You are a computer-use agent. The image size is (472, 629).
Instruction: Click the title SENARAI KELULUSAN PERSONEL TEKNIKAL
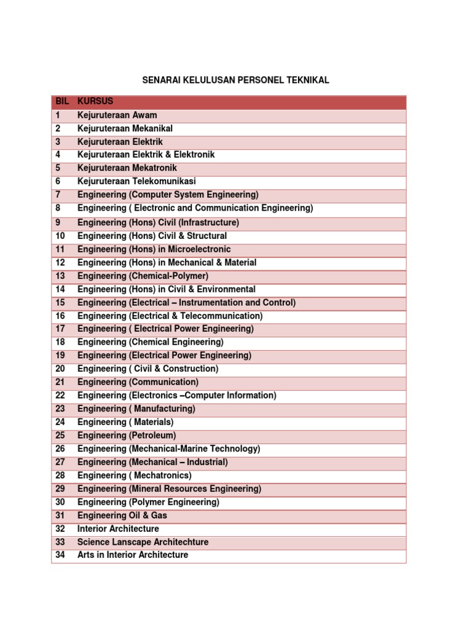pos(236,80)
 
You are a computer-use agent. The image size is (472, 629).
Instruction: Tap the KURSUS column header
pos(95,101)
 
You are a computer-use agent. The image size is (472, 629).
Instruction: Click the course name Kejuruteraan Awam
pos(117,115)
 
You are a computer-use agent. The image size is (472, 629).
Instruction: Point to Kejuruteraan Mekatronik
pos(127,168)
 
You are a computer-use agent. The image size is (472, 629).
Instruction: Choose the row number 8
pos(58,208)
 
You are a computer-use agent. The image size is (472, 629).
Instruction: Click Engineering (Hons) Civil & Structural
pos(152,236)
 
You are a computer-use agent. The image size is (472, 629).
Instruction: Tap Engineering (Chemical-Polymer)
pos(143,276)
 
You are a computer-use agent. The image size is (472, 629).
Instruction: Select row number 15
pos(60,303)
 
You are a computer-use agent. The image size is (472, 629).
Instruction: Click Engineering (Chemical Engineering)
pos(151,342)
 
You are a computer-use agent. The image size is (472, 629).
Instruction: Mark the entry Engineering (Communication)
pos(138,382)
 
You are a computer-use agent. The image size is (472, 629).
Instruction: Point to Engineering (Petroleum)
pos(127,436)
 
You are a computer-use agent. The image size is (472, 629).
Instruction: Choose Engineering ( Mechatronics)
pos(134,475)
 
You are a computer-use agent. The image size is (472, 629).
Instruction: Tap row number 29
pos(60,489)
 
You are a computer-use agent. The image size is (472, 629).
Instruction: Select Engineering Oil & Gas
pos(122,515)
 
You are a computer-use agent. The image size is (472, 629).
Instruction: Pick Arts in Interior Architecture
pos(133,555)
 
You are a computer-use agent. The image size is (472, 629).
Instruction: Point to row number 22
pos(60,396)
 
